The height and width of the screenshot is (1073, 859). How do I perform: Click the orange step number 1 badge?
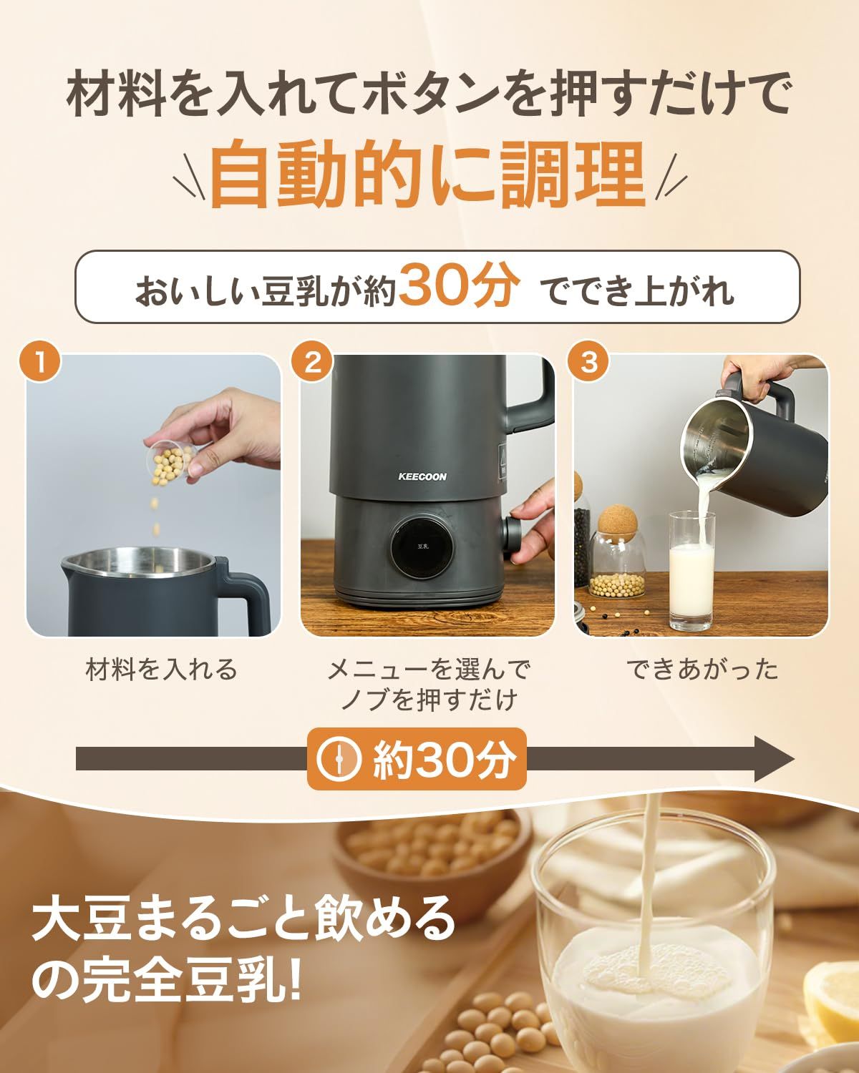coord(41,363)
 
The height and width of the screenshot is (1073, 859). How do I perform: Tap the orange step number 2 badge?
coord(314,363)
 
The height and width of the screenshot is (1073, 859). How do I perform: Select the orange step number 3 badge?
coord(588,363)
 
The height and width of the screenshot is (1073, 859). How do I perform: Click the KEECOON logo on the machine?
coord(422,476)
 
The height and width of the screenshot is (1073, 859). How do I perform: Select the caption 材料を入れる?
coord(161,670)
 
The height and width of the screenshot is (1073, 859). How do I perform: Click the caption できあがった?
coord(702,670)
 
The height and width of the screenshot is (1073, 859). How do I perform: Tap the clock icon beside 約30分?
coord(340,759)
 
